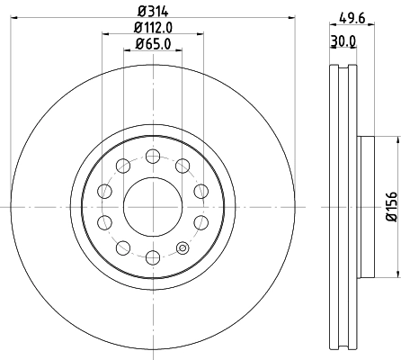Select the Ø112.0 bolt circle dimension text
click(152, 27)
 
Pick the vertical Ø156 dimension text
click(391, 207)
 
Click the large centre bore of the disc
click(152, 206)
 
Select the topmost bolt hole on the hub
click(152, 154)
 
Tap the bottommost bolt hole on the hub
click(152, 258)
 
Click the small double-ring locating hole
click(183, 248)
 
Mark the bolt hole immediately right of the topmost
click(183, 164)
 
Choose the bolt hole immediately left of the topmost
click(121, 164)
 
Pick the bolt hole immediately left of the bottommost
click(121, 248)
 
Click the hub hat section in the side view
click(366, 206)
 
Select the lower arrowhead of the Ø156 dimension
click(397, 274)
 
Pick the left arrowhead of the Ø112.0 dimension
click(104, 35)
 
